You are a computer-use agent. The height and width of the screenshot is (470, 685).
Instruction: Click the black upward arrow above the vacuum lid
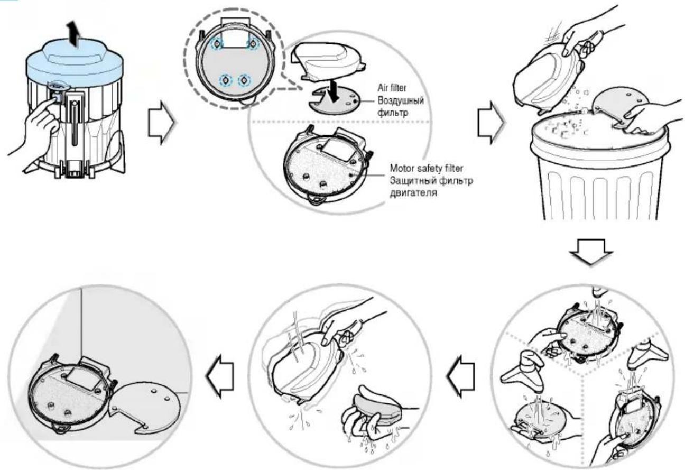coord(73,34)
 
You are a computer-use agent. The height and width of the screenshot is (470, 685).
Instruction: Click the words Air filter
coord(392,88)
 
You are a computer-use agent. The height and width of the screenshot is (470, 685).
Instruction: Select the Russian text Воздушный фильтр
coord(401,107)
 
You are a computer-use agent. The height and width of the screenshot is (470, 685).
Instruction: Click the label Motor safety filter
coord(427,168)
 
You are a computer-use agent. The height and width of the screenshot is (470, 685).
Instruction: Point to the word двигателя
coord(413,193)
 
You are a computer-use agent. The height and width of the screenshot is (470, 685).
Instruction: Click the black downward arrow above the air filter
coord(334,91)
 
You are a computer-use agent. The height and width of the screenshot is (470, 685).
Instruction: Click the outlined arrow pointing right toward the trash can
coord(491,123)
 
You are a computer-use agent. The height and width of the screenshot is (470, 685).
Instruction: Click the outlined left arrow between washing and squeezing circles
coord(461,376)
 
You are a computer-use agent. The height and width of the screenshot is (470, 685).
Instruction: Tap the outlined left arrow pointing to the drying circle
coord(219,376)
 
